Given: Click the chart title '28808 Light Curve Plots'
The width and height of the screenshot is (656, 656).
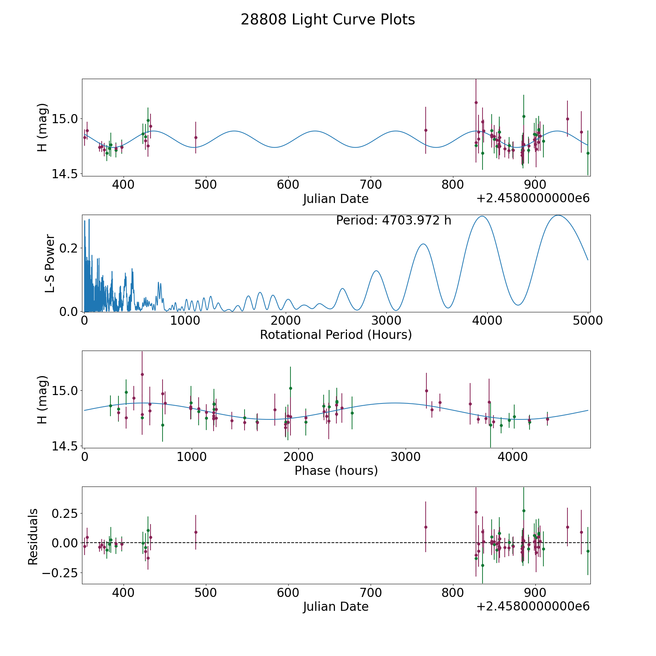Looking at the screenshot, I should (328, 20).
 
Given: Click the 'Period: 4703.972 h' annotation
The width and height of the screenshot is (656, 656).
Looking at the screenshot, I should (394, 220).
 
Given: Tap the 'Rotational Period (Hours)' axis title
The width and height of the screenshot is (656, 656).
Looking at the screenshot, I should (336, 335).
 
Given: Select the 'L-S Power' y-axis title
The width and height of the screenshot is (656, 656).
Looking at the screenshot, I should (50, 263).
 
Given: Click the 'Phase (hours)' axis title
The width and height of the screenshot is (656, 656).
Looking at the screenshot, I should (336, 471).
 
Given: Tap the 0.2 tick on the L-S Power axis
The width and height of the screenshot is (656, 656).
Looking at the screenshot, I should (69, 248).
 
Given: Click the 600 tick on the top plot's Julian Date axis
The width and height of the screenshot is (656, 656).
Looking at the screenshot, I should (288, 185).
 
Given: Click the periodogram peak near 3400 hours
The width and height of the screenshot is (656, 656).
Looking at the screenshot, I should (423, 244).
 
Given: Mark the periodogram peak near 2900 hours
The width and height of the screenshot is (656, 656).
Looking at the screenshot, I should (376, 271).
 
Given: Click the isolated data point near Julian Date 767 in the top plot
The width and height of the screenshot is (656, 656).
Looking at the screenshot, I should (426, 130).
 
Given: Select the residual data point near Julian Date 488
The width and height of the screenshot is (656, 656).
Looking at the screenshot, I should (196, 532).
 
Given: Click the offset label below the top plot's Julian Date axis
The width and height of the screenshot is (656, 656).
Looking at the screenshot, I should (533, 199).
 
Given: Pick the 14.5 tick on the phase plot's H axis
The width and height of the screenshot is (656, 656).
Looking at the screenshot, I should (64, 446).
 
